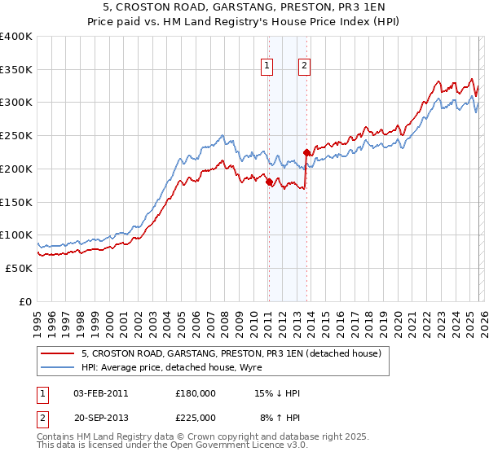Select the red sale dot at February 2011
[268, 182]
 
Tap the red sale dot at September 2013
[306, 152]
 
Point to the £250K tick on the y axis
[17, 135]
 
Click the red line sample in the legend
[56, 354]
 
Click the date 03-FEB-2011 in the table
[101, 393]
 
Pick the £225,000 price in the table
[196, 418]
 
